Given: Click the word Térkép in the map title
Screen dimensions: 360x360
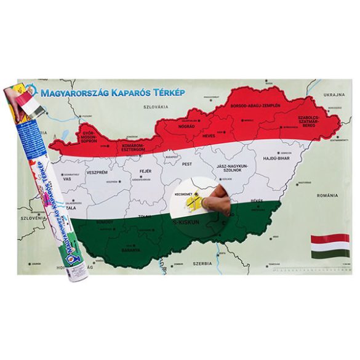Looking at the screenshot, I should coord(182,90).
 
